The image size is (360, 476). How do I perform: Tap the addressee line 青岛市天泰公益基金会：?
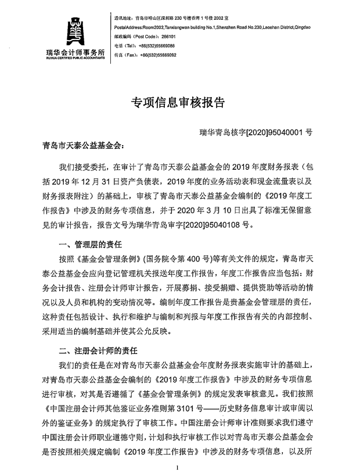pyautogui.click(x=84, y=148)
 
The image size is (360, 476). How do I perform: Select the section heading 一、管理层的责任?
pyautogui.click(x=89, y=244)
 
